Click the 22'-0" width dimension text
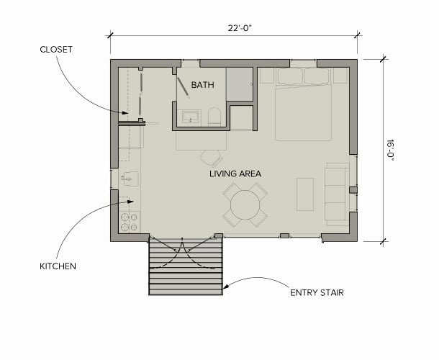tap(240, 28)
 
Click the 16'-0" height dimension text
tap(390, 150)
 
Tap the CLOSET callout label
tap(56, 50)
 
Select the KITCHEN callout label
tap(58, 266)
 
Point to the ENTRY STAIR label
tap(317, 293)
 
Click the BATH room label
tap(203, 85)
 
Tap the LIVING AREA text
tap(235, 174)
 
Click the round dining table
tap(245, 204)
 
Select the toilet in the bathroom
tap(214, 117)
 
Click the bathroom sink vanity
tap(191, 117)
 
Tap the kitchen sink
tap(130, 179)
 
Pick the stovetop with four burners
tap(130, 222)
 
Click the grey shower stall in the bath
tap(240, 84)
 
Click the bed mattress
tap(303, 112)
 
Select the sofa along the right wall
tap(337, 194)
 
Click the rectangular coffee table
tap(305, 194)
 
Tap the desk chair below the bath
tap(211, 158)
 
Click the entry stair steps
tap(186, 266)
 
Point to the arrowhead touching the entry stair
tap(226, 286)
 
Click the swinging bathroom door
tap(184, 87)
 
